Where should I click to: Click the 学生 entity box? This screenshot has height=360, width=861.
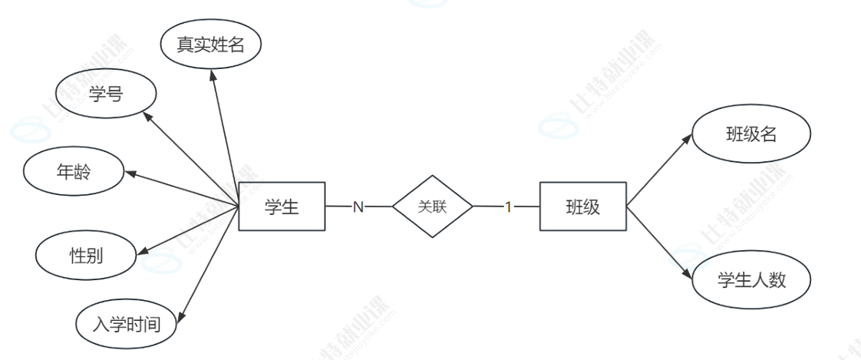click(x=282, y=206)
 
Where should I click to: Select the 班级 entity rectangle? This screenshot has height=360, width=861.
click(x=582, y=206)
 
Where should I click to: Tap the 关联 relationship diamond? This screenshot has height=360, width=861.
click(x=432, y=206)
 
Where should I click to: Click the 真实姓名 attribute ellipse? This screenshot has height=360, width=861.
click(x=211, y=45)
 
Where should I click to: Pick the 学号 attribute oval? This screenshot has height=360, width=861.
click(x=107, y=95)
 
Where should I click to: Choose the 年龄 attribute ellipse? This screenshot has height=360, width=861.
click(x=74, y=172)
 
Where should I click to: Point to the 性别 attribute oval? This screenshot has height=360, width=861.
click(x=86, y=255)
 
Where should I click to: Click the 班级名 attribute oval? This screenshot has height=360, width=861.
click(x=751, y=135)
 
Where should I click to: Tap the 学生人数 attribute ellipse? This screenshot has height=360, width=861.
click(x=751, y=280)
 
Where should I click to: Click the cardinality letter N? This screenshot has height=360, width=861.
click(x=358, y=207)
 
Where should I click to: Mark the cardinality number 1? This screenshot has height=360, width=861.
click(x=507, y=207)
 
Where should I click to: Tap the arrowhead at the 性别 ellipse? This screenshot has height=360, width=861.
click(x=142, y=249)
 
